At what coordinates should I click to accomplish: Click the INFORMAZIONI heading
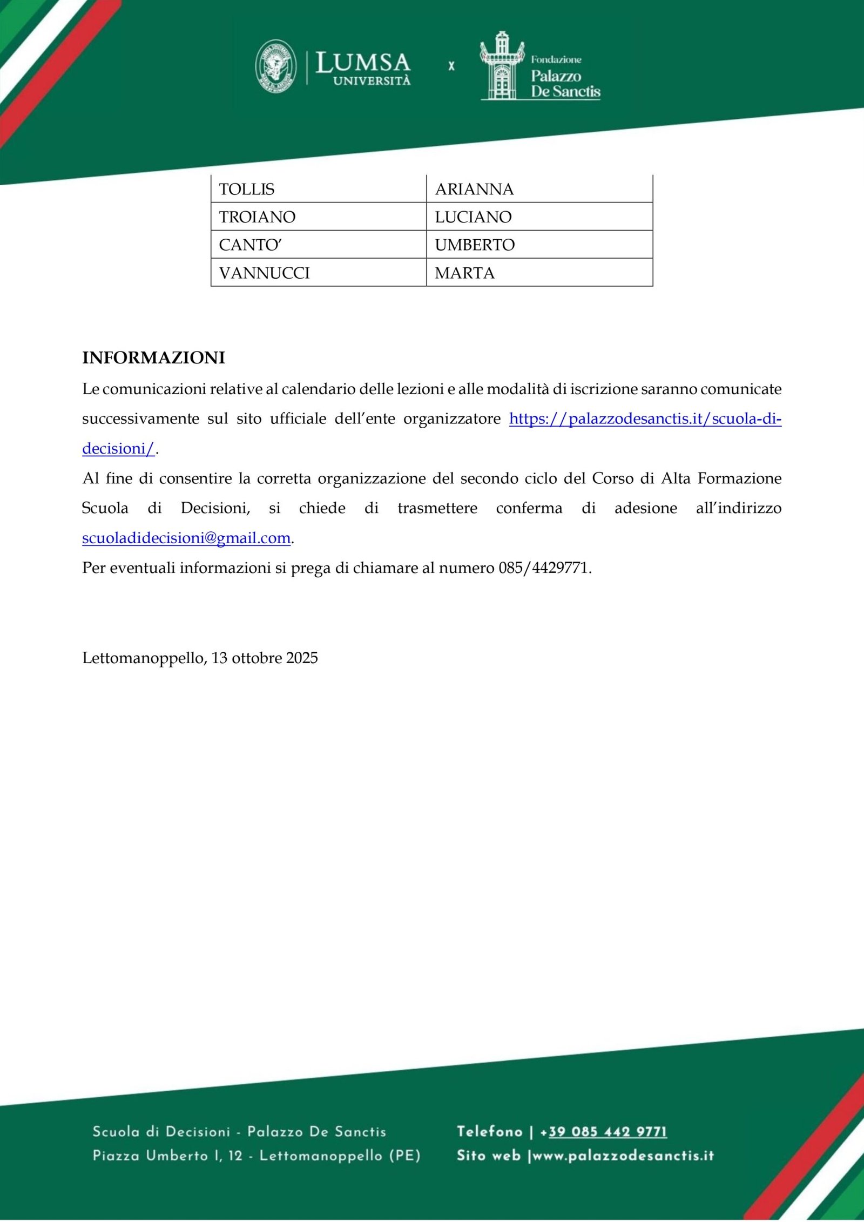coord(153,358)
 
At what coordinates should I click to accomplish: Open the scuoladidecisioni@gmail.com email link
coord(186,538)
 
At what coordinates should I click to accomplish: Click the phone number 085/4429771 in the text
coord(544,568)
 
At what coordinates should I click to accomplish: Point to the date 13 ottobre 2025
coord(265,658)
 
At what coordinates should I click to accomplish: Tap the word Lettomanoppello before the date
coord(144,658)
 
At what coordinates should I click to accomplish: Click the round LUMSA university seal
coord(275,66)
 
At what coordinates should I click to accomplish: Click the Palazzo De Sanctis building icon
coord(502,66)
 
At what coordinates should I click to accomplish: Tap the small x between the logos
coord(451,66)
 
